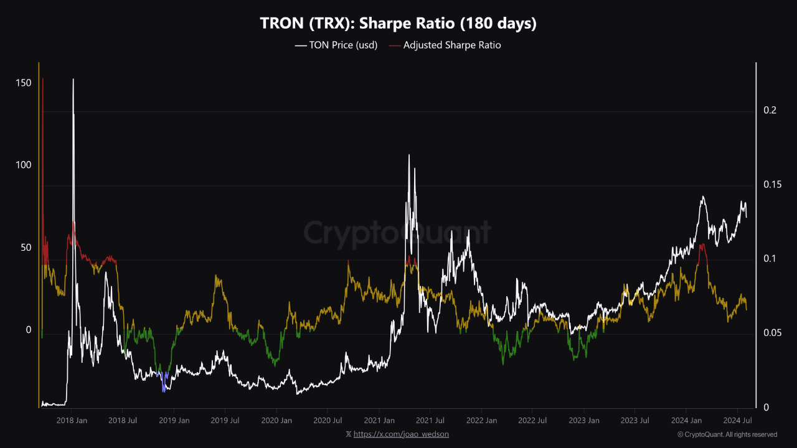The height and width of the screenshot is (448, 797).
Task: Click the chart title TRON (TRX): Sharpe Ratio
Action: (x=398, y=24)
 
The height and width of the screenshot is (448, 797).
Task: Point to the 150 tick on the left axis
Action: (x=24, y=83)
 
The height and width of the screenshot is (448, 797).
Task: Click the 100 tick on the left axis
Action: (x=24, y=166)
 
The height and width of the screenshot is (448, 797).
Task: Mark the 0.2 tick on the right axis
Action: (x=770, y=110)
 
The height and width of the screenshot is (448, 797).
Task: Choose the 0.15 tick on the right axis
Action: (x=772, y=185)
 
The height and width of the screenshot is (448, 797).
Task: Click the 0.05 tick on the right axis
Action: (x=772, y=333)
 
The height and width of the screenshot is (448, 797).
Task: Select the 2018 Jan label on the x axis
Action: (x=72, y=421)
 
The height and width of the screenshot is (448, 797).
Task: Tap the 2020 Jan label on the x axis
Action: (x=276, y=421)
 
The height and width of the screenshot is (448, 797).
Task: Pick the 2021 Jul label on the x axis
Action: (x=430, y=421)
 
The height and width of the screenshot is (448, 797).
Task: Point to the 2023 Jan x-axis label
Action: (x=584, y=421)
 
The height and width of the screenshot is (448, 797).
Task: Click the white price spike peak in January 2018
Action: (x=73, y=80)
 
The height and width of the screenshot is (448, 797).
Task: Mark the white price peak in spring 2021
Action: (x=409, y=156)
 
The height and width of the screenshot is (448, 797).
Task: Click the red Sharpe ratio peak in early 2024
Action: (x=702, y=246)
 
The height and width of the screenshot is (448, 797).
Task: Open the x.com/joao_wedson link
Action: (x=401, y=434)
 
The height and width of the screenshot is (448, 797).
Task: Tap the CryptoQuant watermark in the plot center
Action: (x=397, y=233)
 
